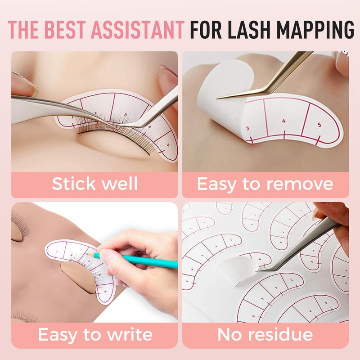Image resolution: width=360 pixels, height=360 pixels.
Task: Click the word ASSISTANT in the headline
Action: [138, 30]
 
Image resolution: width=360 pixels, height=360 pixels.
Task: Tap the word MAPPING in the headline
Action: [315, 30]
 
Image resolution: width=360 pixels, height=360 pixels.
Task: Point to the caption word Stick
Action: [73, 184]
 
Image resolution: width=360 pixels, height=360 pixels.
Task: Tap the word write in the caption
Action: [130, 334]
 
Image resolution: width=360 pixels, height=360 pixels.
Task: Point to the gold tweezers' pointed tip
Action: [217, 99]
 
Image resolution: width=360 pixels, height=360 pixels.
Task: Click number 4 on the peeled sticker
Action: [284, 121]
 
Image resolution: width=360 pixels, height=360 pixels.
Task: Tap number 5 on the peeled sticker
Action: [319, 125]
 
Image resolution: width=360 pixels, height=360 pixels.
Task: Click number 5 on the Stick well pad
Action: [168, 145]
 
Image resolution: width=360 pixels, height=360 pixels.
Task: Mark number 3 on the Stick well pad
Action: [126, 115]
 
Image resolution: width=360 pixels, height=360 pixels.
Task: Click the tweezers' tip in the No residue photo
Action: [257, 271]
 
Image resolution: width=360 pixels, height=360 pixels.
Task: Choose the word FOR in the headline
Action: [206, 30]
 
